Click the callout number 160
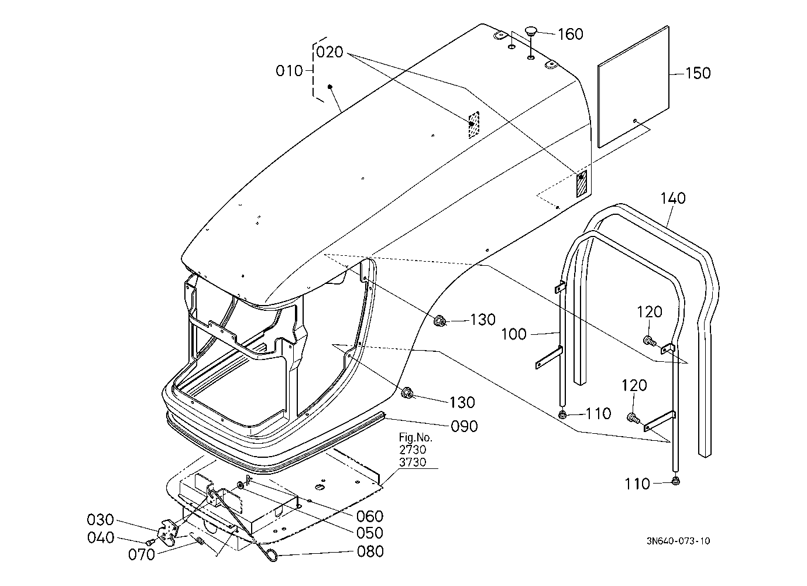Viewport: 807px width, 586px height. (x=571, y=34)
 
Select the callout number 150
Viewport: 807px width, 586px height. (x=698, y=73)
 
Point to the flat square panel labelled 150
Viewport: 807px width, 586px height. (x=633, y=87)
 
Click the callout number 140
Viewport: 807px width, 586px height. (x=674, y=198)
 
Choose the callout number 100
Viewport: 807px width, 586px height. (x=514, y=334)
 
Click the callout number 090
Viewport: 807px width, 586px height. (x=465, y=426)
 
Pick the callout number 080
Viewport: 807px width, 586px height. (x=370, y=551)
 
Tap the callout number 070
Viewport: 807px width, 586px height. (x=142, y=554)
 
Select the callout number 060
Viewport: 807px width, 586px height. (x=370, y=516)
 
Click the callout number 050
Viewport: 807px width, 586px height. (x=370, y=533)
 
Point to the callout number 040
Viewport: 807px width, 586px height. (x=101, y=538)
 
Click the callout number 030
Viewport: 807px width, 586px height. (x=100, y=520)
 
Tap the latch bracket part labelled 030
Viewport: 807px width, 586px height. (x=168, y=530)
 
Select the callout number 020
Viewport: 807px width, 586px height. (x=329, y=52)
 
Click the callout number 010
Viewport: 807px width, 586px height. (x=289, y=71)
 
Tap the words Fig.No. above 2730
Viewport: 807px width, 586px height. (x=415, y=437)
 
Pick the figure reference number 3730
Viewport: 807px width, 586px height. (x=413, y=462)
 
